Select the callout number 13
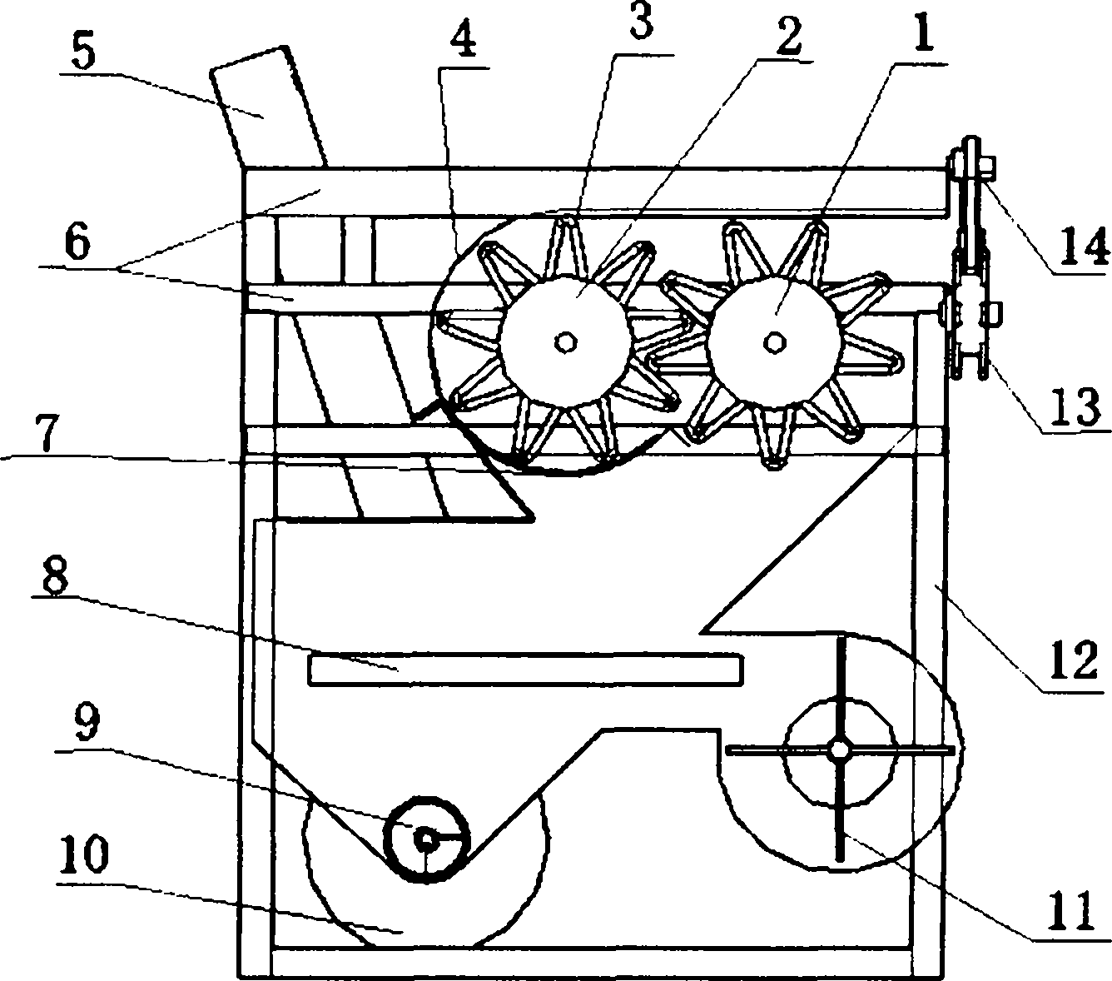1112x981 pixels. [1074, 406]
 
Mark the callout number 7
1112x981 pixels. [47, 433]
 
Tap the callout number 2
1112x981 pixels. [788, 34]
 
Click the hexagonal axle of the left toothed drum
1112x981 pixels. [564, 342]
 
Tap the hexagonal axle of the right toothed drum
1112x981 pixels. [774, 341]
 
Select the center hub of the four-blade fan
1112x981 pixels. [839, 749]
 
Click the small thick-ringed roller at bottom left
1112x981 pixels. [426, 839]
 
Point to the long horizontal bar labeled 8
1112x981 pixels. [526, 669]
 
